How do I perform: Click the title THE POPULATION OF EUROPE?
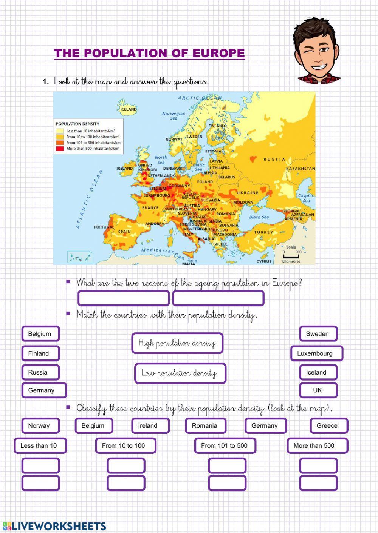tap(149, 53)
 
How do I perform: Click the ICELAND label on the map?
tap(129, 109)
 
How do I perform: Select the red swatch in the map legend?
tap(60, 149)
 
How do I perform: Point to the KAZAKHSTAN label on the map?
tap(301, 169)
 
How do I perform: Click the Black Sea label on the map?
tap(259, 217)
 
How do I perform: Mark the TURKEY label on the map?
tap(263, 232)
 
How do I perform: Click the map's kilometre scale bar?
tap(291, 257)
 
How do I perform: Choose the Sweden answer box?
tap(318, 334)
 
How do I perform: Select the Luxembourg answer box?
tap(317, 353)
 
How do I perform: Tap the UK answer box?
tap(318, 390)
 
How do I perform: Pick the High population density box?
tap(177, 343)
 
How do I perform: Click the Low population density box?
tap(180, 373)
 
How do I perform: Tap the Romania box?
tap(205, 425)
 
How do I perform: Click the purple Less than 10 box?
tap(40, 445)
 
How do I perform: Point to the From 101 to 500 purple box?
tap(225, 445)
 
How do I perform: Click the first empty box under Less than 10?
tap(40, 465)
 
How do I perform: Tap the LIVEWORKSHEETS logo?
tap(55, 526)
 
